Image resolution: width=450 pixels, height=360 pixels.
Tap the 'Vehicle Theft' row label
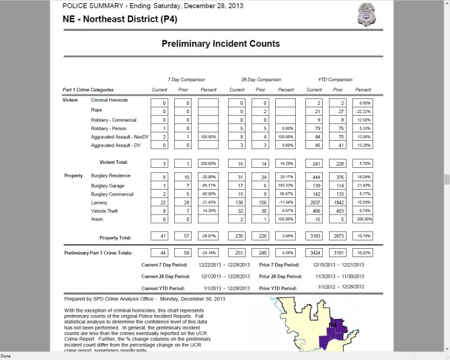click(106, 210)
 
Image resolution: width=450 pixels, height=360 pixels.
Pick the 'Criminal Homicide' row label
click(109, 100)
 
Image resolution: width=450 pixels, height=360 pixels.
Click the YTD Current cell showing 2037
click(314, 202)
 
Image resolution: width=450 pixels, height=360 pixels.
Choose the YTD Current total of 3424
click(314, 253)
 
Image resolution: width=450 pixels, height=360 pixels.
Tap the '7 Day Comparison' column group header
click(183, 79)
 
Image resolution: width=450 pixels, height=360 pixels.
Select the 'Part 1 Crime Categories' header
click(88, 89)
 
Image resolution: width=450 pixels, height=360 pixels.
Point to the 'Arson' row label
click(97, 219)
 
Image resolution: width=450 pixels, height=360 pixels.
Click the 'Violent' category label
click(70, 100)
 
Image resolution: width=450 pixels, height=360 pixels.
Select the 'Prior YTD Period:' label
click(281, 287)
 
